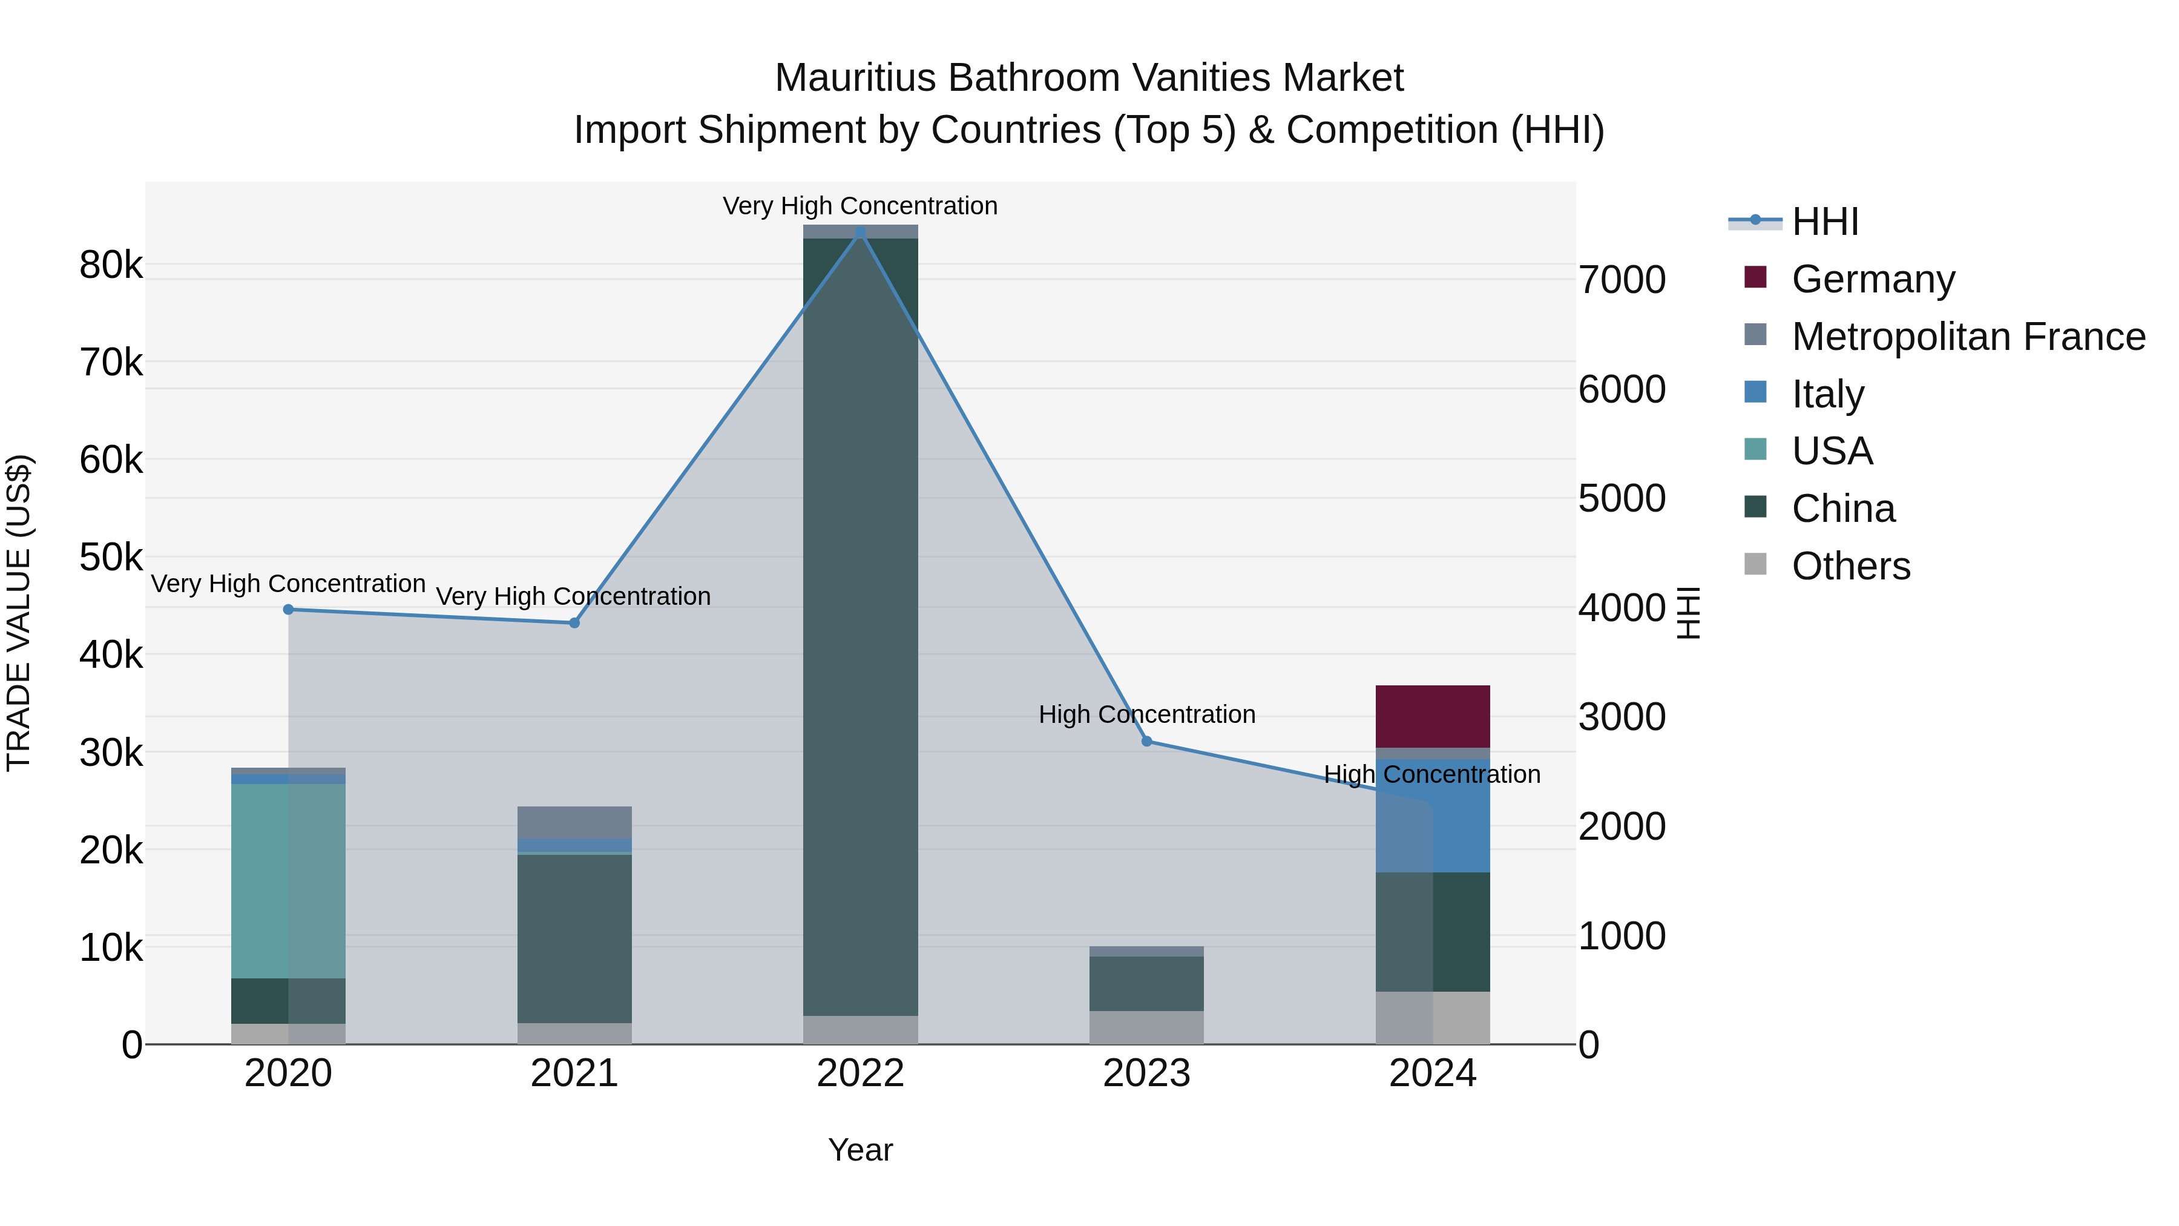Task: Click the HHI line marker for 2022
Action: click(860, 232)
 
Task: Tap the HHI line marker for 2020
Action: click(289, 609)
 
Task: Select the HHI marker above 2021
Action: click(574, 623)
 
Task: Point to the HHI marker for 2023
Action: click(1147, 741)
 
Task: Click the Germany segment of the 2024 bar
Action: click(1432, 716)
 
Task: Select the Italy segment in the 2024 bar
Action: click(1462, 817)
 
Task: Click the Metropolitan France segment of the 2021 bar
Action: click(574, 822)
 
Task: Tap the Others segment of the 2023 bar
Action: click(1146, 1027)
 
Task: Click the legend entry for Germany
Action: click(1873, 278)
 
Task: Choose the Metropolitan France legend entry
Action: click(1968, 336)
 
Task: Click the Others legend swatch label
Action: click(1851, 566)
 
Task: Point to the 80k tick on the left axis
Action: click(111, 266)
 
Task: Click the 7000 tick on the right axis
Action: click(1622, 280)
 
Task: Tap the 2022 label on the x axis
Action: click(860, 1073)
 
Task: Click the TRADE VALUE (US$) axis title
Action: click(19, 613)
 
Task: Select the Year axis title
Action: click(860, 1150)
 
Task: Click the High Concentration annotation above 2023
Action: click(1146, 714)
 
